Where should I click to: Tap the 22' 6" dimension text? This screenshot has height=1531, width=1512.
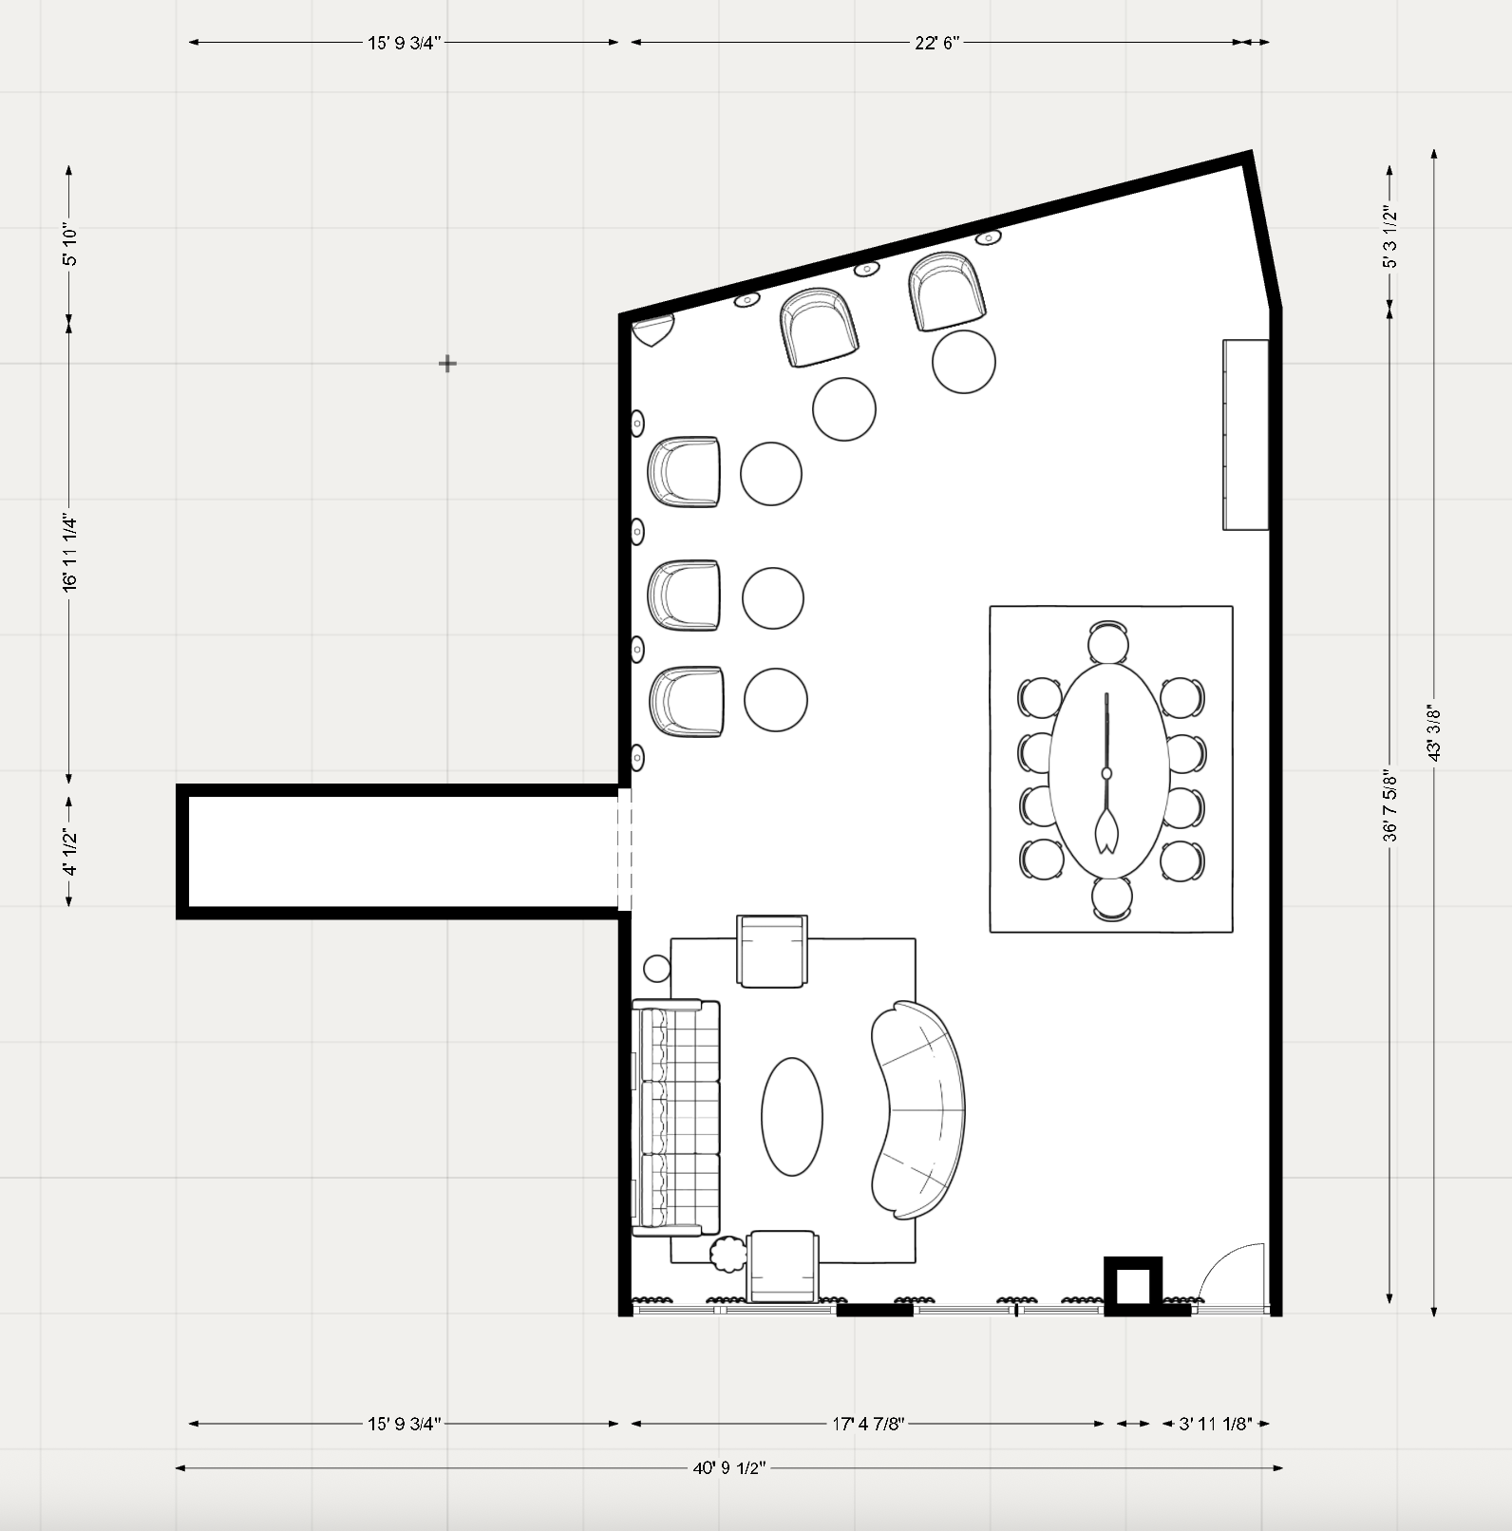[x=937, y=43]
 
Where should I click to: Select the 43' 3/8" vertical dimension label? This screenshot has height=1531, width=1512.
[x=1434, y=732]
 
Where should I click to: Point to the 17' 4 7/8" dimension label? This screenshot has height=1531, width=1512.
[x=868, y=1424]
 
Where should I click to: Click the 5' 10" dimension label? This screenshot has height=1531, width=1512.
[x=69, y=246]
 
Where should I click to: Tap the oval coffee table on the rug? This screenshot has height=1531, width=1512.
[x=792, y=1117]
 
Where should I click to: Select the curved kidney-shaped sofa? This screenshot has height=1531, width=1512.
[x=918, y=1109]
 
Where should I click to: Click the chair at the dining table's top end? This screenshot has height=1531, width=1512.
[x=1109, y=642]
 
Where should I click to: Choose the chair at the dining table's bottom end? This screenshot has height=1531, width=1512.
[x=1111, y=898]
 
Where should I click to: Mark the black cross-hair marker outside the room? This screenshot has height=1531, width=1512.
[x=447, y=363]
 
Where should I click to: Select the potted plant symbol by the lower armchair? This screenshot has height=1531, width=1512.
[x=729, y=1254]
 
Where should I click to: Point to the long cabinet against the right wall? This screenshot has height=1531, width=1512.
[x=1245, y=434]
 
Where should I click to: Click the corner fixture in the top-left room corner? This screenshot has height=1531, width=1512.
[x=651, y=329]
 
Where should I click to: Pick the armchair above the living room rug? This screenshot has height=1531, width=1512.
[x=774, y=951]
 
